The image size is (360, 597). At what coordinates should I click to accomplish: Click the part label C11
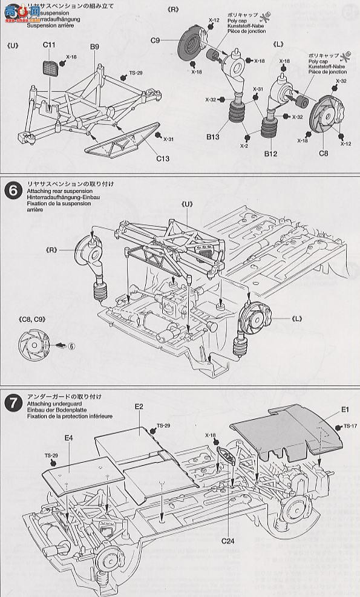point(49,45)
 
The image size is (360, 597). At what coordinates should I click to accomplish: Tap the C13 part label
point(162,159)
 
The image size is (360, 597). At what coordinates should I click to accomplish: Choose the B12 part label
point(270,154)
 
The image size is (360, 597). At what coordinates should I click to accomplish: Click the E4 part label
point(68,437)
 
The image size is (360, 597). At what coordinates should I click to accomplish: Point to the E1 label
point(345,410)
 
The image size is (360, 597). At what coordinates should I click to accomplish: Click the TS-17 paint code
point(350,426)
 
